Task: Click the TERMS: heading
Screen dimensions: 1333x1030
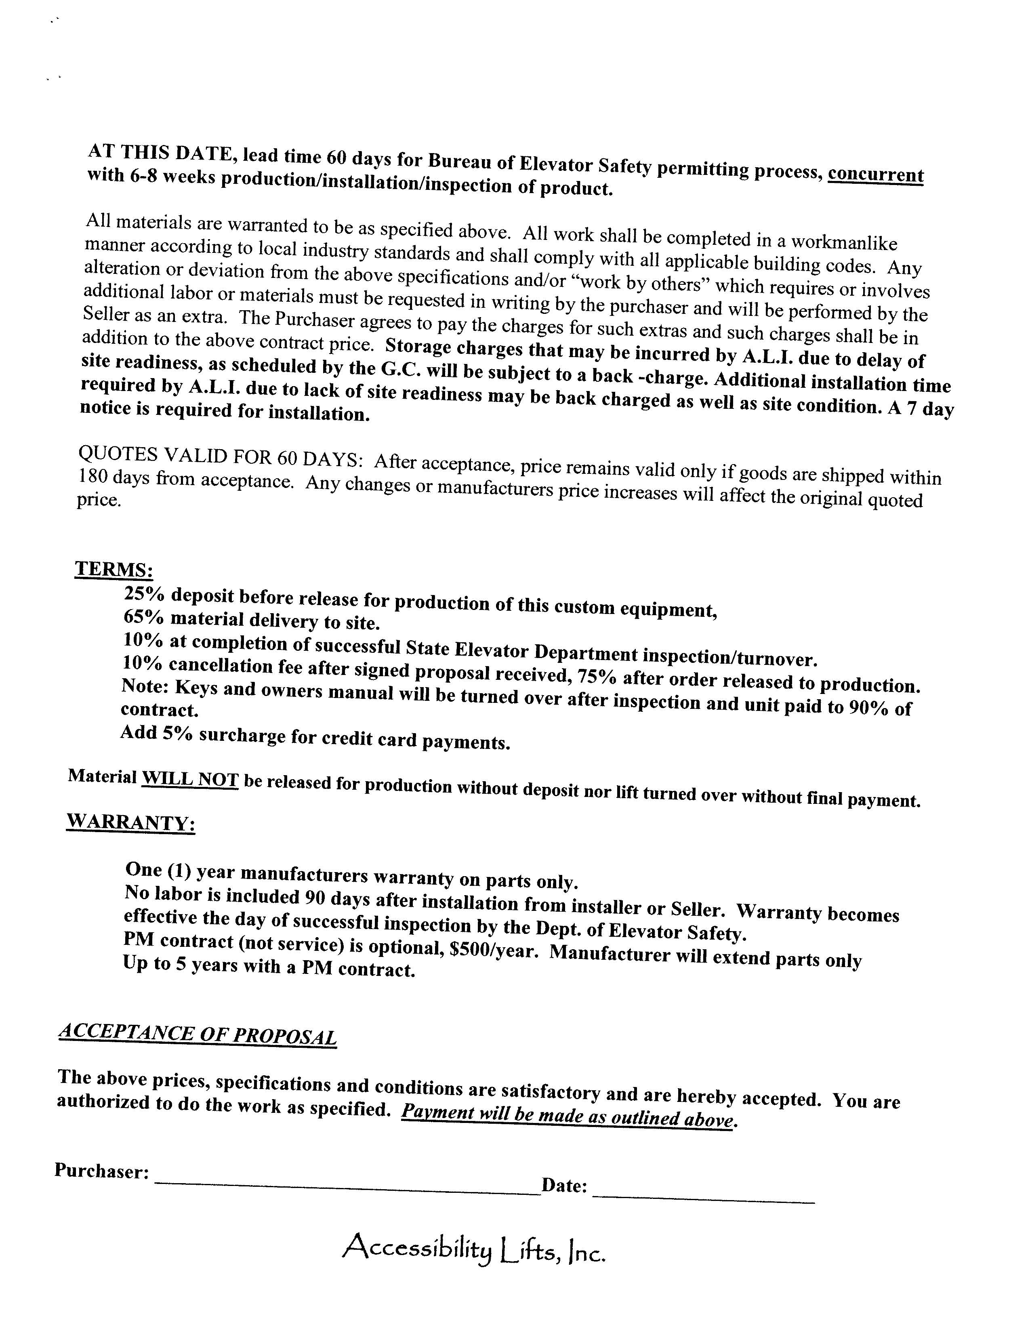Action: (x=114, y=570)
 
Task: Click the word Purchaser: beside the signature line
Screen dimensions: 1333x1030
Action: (x=102, y=1170)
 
